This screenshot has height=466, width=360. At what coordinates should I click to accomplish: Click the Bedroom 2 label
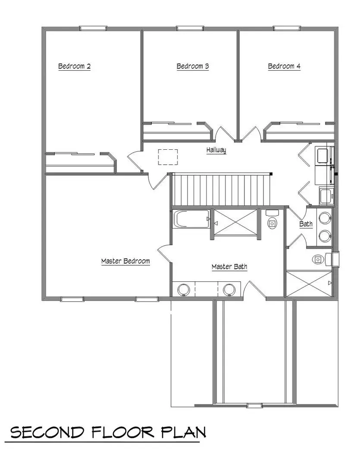tap(74, 66)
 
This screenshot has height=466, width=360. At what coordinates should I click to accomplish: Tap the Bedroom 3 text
tap(193, 66)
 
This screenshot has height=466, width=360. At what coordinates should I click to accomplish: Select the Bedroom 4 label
tap(284, 66)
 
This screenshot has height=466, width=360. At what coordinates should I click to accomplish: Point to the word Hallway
tap(216, 151)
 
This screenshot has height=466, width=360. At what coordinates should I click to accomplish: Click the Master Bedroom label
tap(125, 261)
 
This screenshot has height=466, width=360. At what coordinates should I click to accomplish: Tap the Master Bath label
tap(229, 267)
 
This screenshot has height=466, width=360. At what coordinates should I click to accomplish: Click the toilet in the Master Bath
tap(272, 221)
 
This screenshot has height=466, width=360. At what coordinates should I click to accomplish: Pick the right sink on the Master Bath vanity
tap(229, 289)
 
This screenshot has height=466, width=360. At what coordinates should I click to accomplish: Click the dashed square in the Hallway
tap(168, 157)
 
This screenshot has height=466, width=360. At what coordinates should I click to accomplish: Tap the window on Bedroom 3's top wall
tap(190, 28)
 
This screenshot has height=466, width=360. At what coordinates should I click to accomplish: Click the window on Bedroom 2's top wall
tap(93, 28)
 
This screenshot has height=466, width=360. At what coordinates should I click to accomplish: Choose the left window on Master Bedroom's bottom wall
tap(72, 299)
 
